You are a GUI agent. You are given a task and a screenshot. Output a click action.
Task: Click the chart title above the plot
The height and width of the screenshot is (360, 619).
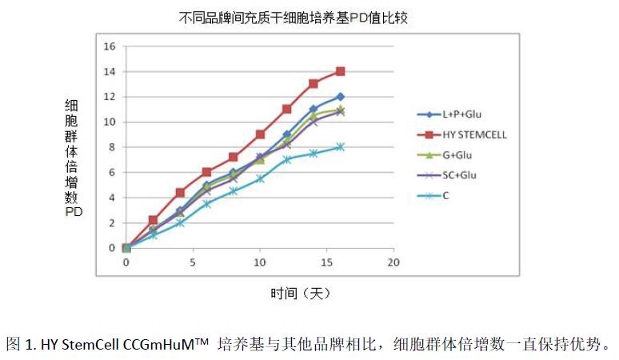(x=294, y=17)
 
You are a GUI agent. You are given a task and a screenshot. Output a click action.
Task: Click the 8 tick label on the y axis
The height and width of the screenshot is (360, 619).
(x=113, y=147)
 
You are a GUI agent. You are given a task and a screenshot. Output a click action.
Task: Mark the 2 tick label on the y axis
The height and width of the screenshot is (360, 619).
(x=113, y=222)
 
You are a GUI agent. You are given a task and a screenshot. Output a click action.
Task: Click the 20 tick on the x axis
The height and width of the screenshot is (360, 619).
(x=393, y=262)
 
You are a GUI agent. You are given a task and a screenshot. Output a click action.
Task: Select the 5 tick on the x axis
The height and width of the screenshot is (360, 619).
(x=193, y=262)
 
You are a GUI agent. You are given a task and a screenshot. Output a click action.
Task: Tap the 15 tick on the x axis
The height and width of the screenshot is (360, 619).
(x=326, y=262)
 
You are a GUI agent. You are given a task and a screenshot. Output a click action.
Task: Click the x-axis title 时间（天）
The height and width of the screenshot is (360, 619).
(x=299, y=294)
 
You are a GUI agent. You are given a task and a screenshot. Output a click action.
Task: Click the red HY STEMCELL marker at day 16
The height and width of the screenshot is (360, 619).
(x=340, y=71)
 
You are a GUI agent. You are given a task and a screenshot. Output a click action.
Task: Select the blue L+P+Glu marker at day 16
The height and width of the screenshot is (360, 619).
(x=340, y=97)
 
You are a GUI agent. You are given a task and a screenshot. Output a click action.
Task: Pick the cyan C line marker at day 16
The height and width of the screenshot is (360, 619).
(x=340, y=147)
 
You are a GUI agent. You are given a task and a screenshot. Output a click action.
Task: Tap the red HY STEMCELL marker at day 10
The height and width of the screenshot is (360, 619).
(x=260, y=134)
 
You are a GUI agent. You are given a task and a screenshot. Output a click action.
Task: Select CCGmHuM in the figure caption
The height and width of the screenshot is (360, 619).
(x=159, y=346)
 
